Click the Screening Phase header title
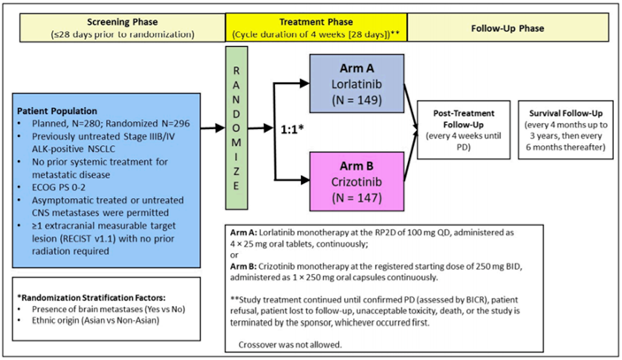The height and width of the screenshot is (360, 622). (x=122, y=22)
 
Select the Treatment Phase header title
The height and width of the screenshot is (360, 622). (x=316, y=22)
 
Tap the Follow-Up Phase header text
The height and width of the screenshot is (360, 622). (x=507, y=28)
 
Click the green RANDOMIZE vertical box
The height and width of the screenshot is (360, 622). (x=236, y=128)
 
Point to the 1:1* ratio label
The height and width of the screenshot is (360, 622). (x=292, y=130)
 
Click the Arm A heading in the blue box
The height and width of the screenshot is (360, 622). (x=357, y=68)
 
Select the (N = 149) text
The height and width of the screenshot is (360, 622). (x=357, y=100)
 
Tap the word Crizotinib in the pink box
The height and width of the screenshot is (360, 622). (x=357, y=182)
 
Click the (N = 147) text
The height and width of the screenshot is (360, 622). (x=357, y=198)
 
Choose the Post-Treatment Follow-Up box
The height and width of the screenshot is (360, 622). (x=463, y=130)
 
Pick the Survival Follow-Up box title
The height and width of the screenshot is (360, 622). (x=565, y=113)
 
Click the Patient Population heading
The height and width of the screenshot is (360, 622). (x=57, y=111)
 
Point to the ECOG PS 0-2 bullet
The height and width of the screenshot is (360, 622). (x=59, y=187)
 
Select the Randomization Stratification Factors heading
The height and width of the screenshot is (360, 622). (x=91, y=298)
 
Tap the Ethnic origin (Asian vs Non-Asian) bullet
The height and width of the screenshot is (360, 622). (x=96, y=321)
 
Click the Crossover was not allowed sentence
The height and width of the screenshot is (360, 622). (x=290, y=345)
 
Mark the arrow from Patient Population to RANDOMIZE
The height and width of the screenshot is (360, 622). (x=213, y=128)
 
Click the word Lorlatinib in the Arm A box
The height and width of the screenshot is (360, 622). (x=357, y=84)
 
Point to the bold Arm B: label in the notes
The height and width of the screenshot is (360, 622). (x=243, y=267)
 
